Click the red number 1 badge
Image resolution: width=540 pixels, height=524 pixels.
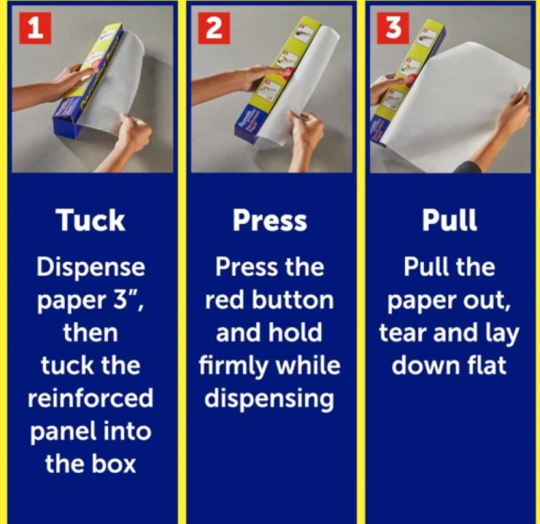pyautogui.click(x=35, y=28)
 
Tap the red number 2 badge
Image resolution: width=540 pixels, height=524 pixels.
pyautogui.click(x=214, y=28)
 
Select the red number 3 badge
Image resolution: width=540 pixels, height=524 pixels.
pyautogui.click(x=393, y=28)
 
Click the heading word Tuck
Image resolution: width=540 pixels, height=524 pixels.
pyautogui.click(x=91, y=220)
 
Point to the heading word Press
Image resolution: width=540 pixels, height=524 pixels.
pyautogui.click(x=269, y=220)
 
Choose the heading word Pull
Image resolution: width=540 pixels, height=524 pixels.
pyautogui.click(x=449, y=220)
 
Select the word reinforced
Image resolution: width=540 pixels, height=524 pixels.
pyautogui.click(x=91, y=397)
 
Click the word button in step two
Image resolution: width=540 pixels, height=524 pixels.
pyautogui.click(x=293, y=299)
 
